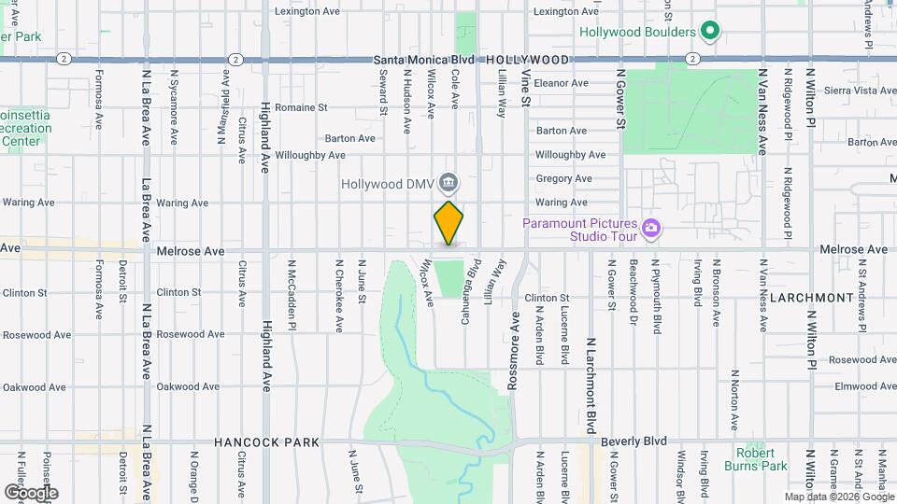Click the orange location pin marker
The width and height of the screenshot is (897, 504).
448,223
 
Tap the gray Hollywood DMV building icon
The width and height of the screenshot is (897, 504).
448,181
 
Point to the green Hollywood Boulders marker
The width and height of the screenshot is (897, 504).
709,33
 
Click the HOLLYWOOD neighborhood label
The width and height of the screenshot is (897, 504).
527,59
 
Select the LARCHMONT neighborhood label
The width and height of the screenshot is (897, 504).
811,298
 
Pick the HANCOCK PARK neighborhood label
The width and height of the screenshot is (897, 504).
266,442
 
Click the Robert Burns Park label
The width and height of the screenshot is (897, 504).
755,459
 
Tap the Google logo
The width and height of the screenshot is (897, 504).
30,492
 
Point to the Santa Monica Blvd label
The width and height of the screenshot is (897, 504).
425,59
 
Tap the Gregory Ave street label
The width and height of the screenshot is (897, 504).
563,178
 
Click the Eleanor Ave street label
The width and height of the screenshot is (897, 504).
561,83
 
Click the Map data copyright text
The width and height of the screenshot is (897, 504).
839,497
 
